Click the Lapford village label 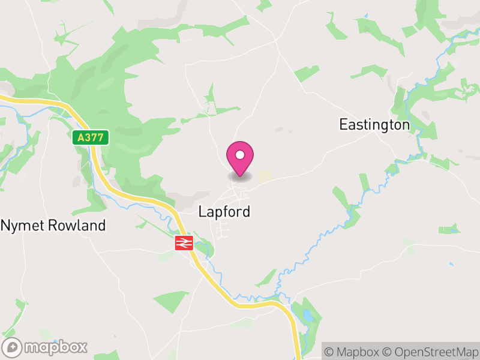click(224, 212)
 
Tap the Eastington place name click(374, 125)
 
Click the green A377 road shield click(91, 137)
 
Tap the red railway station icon click(183, 243)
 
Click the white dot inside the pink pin click(240, 155)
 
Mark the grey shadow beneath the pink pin click(240, 177)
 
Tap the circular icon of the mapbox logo click(12, 347)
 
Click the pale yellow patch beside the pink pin click(264, 175)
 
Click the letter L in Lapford click(202, 212)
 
